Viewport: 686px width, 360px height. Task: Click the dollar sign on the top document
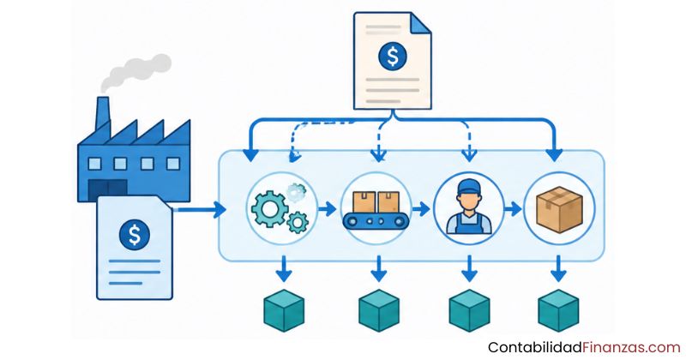coord(393,57)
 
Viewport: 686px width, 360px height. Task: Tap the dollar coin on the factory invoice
coord(135,235)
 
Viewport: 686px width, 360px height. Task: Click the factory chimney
coord(103,114)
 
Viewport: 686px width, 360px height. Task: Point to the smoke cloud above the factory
coord(135,71)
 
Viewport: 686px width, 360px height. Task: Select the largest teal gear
coord(269,208)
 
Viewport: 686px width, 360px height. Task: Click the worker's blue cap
coord(469,188)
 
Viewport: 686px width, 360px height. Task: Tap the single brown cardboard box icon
coord(560,209)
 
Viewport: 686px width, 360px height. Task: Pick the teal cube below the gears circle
coord(284,310)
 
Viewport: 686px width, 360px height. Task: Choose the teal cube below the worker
coord(469,310)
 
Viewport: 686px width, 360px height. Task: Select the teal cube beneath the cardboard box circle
coord(558,310)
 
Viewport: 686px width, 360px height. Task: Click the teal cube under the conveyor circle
coord(379,310)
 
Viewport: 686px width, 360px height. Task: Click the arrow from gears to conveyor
coord(327,209)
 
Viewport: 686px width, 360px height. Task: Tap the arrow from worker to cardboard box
coord(513,209)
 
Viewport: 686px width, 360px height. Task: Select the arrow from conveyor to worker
coord(421,209)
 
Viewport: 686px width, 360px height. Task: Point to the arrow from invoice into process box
coord(200,209)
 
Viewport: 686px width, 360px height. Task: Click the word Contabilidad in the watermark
coord(535,348)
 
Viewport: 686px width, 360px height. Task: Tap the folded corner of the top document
coord(420,23)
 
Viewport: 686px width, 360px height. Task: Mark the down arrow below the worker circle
coord(469,268)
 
